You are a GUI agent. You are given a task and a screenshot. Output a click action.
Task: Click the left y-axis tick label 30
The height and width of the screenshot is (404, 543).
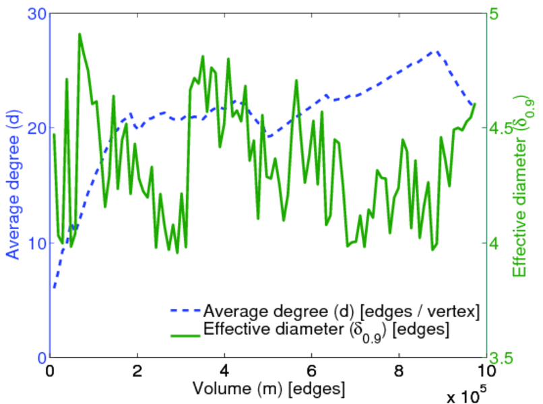click(35, 13)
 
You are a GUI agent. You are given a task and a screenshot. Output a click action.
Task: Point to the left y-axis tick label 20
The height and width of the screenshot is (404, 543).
click(35, 128)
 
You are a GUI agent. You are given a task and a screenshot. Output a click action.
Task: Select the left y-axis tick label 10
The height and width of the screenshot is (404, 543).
click(35, 243)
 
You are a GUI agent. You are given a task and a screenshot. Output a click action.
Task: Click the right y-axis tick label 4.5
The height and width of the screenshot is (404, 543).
click(508, 128)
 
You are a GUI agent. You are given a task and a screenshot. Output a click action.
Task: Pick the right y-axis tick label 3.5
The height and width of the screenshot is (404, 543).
click(508, 358)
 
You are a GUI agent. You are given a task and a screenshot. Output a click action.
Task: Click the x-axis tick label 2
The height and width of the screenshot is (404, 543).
click(137, 371)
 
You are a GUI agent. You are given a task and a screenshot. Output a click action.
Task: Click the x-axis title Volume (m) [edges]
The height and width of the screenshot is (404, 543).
click(269, 389)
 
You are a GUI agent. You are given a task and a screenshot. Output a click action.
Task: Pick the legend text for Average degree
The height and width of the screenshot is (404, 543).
click(341, 311)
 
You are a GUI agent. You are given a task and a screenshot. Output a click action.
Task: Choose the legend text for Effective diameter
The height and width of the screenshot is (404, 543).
click(325, 330)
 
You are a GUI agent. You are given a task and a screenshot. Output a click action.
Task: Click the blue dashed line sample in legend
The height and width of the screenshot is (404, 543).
click(184, 312)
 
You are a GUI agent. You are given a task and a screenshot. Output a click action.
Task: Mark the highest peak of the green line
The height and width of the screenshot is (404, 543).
click(79, 34)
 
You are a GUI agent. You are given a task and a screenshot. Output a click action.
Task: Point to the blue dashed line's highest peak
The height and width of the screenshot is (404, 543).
click(437, 50)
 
